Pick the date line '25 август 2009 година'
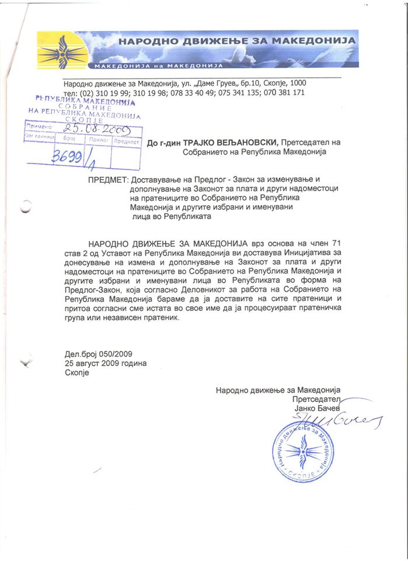(x=106, y=363)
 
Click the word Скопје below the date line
(x=76, y=373)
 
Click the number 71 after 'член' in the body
(x=336, y=242)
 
